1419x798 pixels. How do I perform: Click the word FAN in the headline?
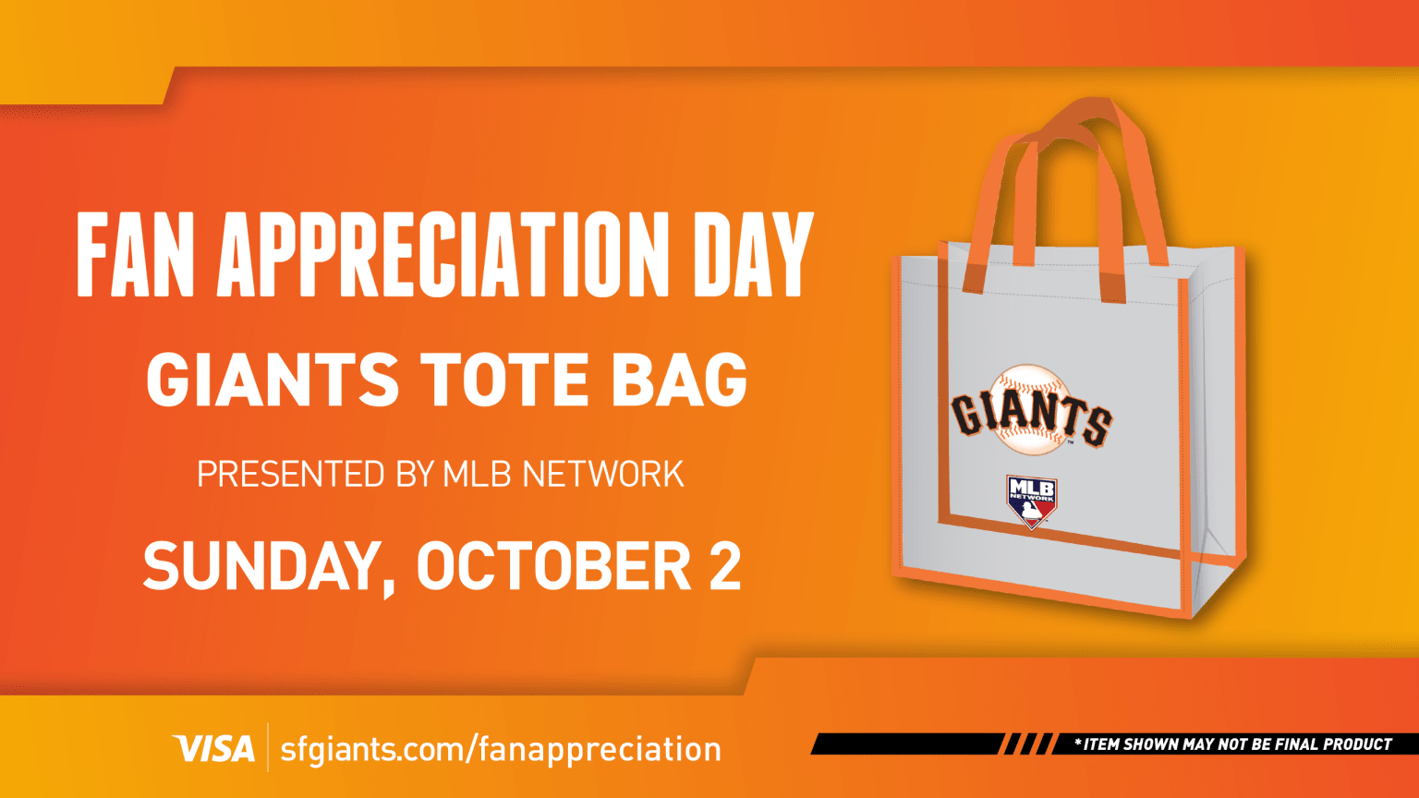pyautogui.click(x=135, y=255)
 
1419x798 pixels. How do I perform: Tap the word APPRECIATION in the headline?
pyautogui.click(x=443, y=255)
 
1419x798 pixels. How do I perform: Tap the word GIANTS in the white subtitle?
pyautogui.click(x=273, y=380)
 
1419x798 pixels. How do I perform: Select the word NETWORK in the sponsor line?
pyautogui.click(x=602, y=475)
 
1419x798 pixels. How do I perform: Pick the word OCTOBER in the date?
pyautogui.click(x=553, y=567)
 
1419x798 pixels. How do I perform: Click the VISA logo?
pyautogui.click(x=213, y=748)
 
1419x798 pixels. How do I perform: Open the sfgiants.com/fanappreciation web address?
pyautogui.click(x=500, y=748)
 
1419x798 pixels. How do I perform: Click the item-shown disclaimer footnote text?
pyautogui.click(x=1238, y=744)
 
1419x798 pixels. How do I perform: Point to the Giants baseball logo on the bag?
pyautogui.click(x=1031, y=412)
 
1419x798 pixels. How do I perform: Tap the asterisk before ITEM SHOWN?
pyautogui.click(x=1077, y=744)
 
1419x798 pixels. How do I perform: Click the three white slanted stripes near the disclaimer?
pyautogui.click(x=1027, y=744)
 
